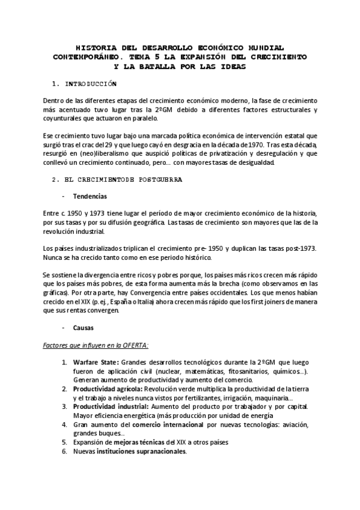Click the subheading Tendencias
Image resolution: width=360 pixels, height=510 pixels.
coord(90,196)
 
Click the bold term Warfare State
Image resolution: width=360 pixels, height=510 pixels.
coord(96,363)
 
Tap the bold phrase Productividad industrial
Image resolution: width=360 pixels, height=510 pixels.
coord(109,407)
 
